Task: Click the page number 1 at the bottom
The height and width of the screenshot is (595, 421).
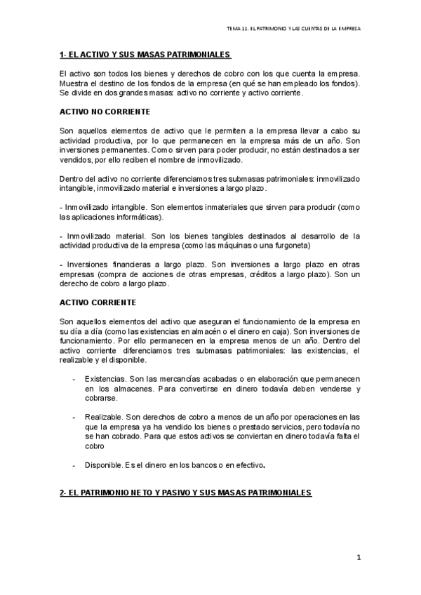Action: pyautogui.click(x=358, y=558)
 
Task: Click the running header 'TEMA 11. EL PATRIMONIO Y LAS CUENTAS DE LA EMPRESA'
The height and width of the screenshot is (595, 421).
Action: pyautogui.click(x=293, y=29)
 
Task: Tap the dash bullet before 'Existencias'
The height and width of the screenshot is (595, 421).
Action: pyautogui.click(x=74, y=378)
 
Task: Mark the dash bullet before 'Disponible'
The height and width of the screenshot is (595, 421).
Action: pyautogui.click(x=74, y=464)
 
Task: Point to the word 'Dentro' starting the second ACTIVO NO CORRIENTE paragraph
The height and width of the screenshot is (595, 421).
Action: pyautogui.click(x=72, y=179)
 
